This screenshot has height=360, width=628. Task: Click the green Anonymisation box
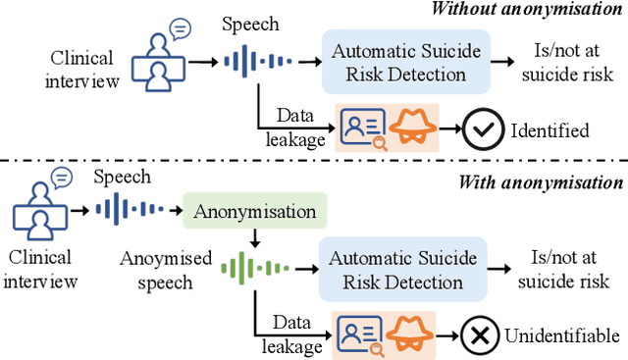click(x=254, y=211)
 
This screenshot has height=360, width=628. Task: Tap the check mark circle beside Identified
click(x=479, y=130)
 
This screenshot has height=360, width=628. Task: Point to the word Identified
click(x=549, y=130)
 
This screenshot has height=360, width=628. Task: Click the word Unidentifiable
click(x=563, y=335)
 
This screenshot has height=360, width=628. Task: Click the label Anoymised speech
click(x=166, y=269)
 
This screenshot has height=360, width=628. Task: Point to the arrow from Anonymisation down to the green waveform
click(x=254, y=237)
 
